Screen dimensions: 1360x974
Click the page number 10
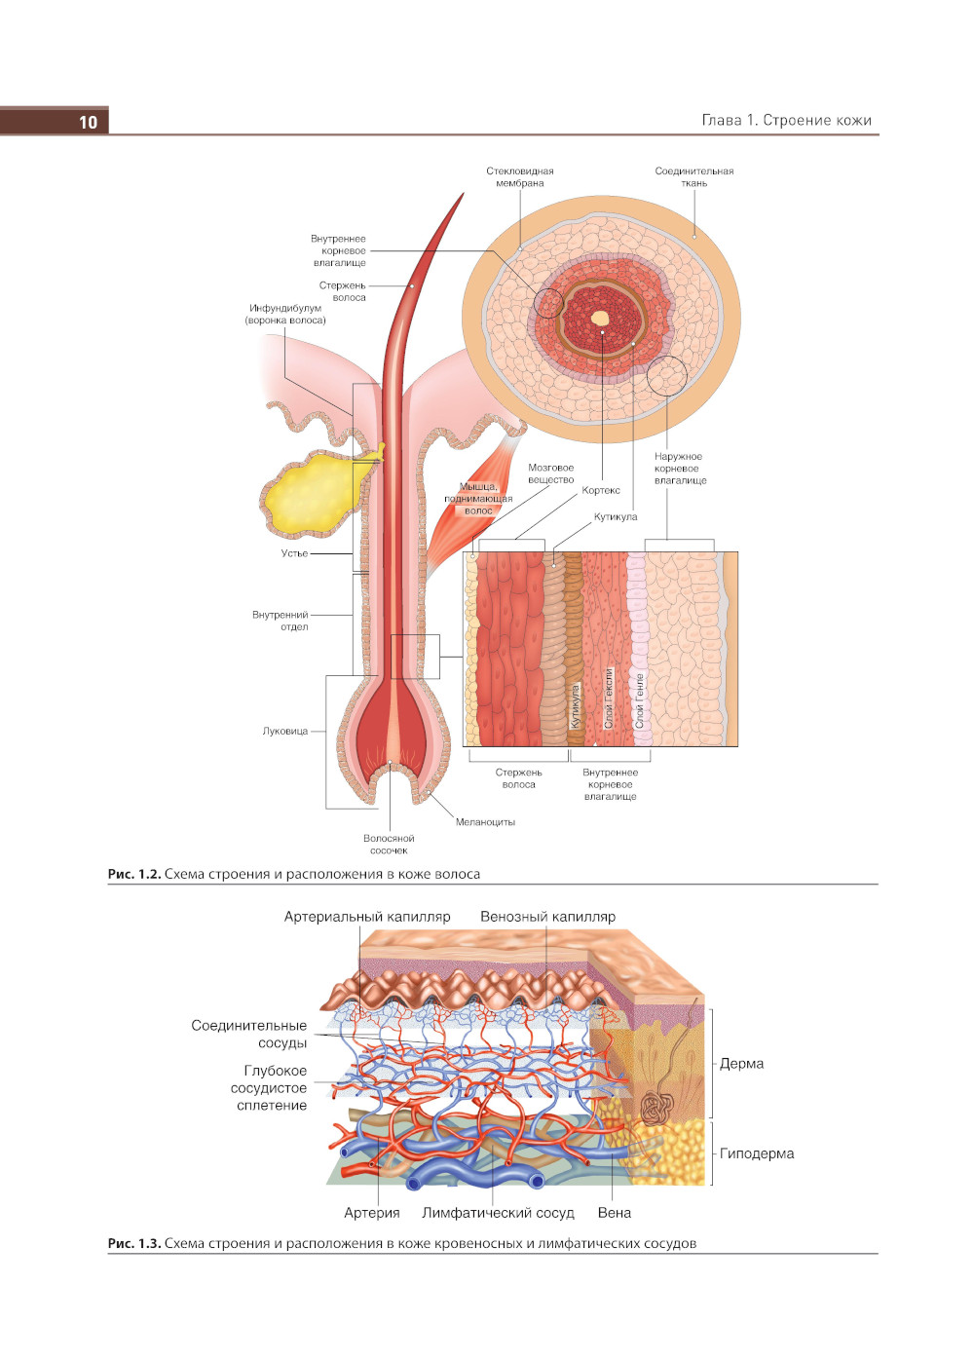point(88,122)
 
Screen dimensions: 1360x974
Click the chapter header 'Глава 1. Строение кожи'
point(786,120)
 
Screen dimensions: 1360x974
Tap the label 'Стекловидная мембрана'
point(519,176)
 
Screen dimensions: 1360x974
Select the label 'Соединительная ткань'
point(693,176)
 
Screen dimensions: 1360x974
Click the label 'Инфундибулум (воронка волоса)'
point(285,314)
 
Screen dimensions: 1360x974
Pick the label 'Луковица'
point(284,731)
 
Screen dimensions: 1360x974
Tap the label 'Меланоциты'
point(485,822)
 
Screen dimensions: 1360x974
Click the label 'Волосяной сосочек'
point(389,844)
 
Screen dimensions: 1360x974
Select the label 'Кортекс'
point(601,490)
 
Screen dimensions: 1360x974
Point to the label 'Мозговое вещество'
point(551,473)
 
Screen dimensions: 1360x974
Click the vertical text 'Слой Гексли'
point(609,698)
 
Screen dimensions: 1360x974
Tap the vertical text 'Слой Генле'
point(640,700)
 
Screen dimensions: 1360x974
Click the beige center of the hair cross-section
point(600,318)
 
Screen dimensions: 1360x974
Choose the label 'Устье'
point(294,553)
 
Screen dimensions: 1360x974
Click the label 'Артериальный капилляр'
point(367,917)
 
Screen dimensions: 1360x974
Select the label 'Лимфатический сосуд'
point(498,1213)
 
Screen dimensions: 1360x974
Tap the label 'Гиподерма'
point(757,1153)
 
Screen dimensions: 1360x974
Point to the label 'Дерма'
point(741,1063)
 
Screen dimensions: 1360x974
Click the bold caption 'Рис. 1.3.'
point(133,1243)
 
